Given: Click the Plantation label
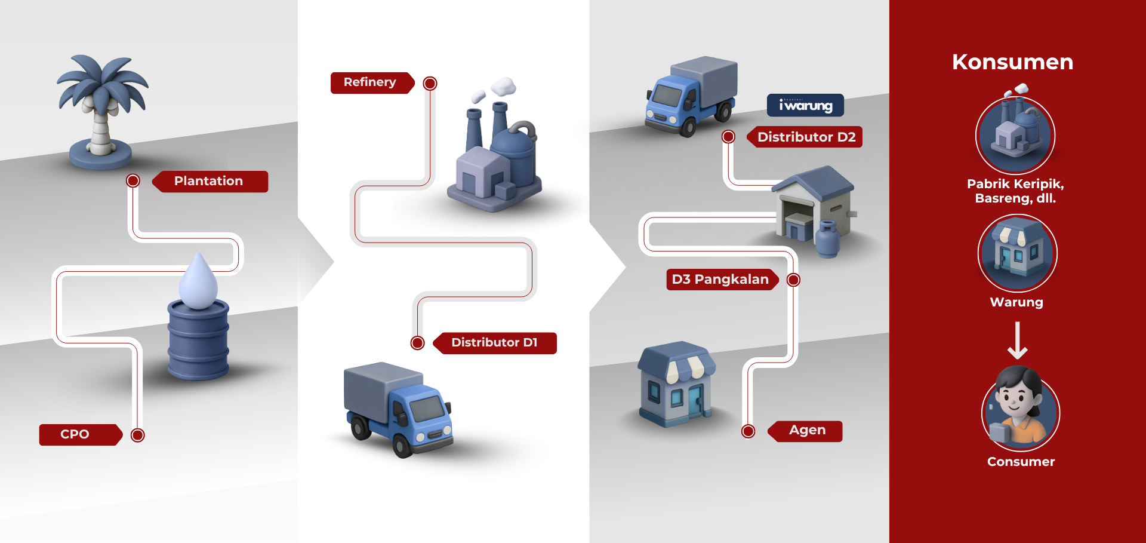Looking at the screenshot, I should click(x=209, y=181).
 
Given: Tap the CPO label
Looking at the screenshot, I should click(x=75, y=434).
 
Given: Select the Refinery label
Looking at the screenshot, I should click(x=370, y=82).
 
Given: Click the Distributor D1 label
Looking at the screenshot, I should click(x=495, y=343).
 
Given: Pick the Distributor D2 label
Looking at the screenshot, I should click(x=806, y=137).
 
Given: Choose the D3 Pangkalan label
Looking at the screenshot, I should click(x=720, y=279).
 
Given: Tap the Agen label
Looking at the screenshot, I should click(x=807, y=431).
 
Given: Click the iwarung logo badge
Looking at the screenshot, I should click(x=805, y=106).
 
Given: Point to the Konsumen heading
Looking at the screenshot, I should click(x=1012, y=62).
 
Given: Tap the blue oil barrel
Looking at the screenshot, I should click(x=198, y=340).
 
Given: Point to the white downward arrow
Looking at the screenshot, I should click(x=1017, y=340).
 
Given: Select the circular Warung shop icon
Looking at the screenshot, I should click(x=1017, y=253).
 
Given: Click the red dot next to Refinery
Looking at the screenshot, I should click(x=430, y=83).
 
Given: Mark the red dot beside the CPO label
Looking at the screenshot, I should click(x=138, y=435).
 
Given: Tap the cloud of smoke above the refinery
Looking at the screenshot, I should click(x=503, y=86).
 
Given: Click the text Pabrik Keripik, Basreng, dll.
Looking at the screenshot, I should click(x=1015, y=191).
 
